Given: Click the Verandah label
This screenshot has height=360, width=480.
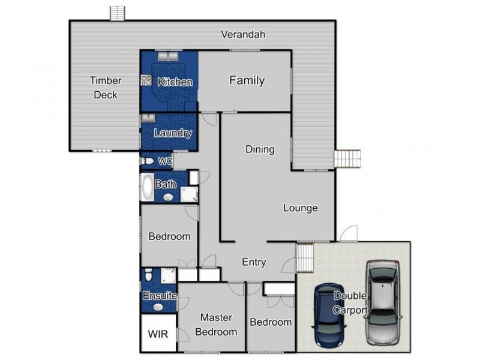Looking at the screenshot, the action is [243, 34].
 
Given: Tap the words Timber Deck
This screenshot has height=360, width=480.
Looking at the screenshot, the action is [106, 88].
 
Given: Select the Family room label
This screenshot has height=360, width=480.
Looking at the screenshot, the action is [247, 80].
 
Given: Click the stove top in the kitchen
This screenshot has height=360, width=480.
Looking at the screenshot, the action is [146, 80].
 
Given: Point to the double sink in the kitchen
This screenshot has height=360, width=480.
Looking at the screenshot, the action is [168, 56].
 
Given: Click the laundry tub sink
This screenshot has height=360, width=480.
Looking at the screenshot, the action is [148, 118].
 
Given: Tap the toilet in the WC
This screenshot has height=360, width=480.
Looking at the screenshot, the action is [147, 161].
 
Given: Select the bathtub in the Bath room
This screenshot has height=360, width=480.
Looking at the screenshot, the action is [147, 187].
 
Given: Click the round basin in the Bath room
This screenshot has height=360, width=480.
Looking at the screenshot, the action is [168, 197].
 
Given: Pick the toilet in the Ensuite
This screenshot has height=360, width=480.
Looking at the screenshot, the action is [148, 275].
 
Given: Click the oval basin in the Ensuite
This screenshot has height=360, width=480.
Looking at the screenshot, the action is [158, 307].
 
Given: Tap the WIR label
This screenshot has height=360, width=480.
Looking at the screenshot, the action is [158, 334].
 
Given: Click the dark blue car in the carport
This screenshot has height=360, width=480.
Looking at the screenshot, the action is [329, 315].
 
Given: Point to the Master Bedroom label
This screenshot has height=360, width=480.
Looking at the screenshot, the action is [216, 325].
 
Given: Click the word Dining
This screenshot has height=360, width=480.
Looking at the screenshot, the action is [260, 149].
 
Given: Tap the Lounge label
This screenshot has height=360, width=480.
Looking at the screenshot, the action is [301, 208].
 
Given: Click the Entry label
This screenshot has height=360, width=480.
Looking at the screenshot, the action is [254, 262].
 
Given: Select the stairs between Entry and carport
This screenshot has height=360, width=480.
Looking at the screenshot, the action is [305, 257].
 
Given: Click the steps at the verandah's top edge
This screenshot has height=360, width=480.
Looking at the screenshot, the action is [117, 13].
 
